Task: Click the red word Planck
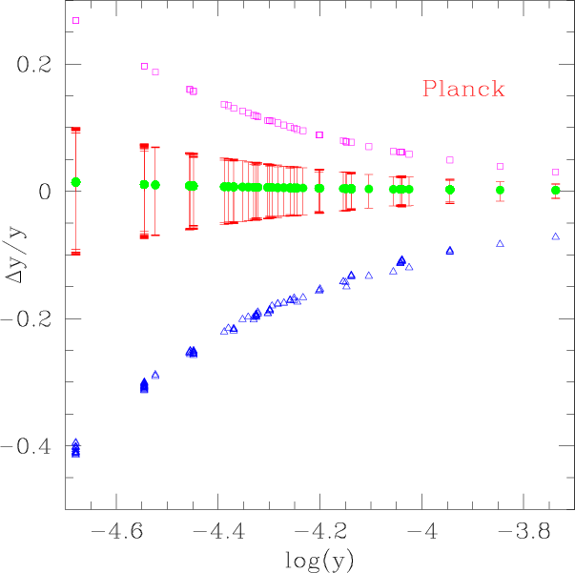[x=462, y=91]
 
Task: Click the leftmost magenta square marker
[x=75, y=20]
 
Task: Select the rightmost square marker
[x=556, y=173]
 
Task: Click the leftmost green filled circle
[x=75, y=181]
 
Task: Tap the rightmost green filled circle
[x=556, y=191]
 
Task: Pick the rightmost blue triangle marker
[x=556, y=236]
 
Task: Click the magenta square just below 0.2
[x=144, y=67]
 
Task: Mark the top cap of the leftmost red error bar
[x=75, y=129]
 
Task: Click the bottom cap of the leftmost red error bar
[x=75, y=253]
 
